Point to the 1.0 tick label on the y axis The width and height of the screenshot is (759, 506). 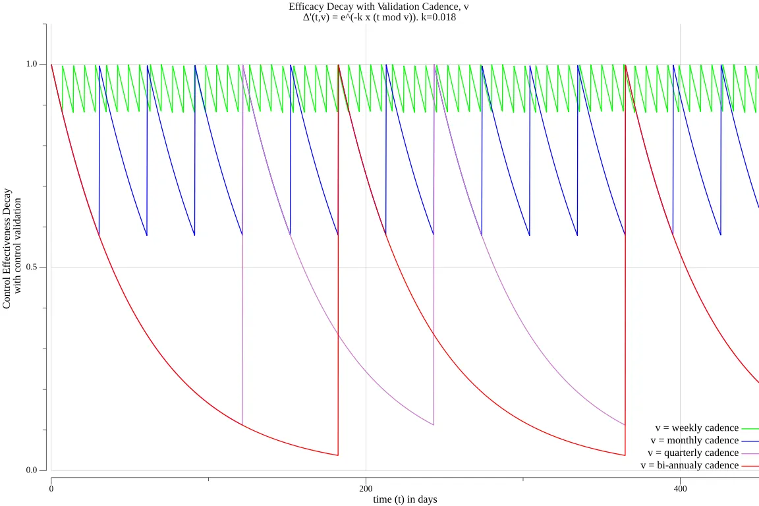(x=31, y=65)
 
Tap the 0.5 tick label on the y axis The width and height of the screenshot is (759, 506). (x=31, y=267)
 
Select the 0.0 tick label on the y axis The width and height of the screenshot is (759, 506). (x=31, y=470)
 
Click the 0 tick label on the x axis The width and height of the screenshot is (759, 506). (x=51, y=488)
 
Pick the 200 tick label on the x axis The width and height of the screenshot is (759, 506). (x=366, y=488)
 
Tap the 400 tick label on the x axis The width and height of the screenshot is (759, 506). (x=681, y=488)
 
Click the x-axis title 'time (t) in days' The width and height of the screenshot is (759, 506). (x=405, y=499)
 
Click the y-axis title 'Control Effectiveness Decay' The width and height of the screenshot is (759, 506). (x=7, y=248)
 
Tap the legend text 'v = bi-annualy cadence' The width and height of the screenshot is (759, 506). (x=689, y=466)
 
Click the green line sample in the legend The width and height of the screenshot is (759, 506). (x=750, y=428)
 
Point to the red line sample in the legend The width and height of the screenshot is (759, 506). (x=750, y=466)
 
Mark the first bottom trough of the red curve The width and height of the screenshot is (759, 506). (x=338, y=455)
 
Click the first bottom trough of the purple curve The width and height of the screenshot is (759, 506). (x=242, y=424)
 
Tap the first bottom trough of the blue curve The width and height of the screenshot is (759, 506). (x=99, y=235)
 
